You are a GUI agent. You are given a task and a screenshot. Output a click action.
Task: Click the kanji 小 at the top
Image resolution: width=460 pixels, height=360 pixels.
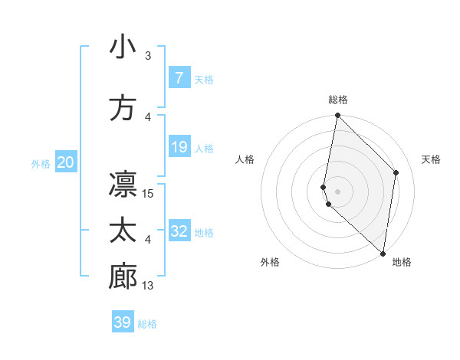click(123, 47)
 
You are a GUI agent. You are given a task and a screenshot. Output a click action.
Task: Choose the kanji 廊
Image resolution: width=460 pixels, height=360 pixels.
click(123, 278)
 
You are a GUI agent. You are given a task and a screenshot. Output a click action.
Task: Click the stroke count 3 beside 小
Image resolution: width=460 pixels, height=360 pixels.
click(148, 56)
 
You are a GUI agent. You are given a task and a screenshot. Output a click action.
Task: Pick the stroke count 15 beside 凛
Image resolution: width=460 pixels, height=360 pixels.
click(149, 194)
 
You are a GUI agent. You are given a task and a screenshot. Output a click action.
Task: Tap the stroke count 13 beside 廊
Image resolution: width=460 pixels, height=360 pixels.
click(149, 286)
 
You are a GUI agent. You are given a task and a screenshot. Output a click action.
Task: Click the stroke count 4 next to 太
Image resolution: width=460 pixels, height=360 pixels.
click(148, 241)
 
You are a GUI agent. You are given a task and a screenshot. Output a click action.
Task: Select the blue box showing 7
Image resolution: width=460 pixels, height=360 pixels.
click(179, 77)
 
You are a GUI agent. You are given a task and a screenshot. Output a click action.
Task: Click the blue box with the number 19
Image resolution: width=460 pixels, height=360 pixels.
click(179, 146)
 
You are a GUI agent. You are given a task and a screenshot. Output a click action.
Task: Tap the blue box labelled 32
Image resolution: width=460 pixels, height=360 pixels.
click(179, 231)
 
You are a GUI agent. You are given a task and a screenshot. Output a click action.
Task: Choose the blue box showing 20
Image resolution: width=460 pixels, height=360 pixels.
click(66, 162)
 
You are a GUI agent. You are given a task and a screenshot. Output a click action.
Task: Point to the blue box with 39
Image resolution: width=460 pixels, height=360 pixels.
click(123, 322)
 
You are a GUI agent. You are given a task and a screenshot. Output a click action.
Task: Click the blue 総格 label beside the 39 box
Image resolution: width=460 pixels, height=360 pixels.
click(147, 324)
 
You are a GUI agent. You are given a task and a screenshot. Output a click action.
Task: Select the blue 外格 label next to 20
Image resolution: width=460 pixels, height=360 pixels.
click(41, 163)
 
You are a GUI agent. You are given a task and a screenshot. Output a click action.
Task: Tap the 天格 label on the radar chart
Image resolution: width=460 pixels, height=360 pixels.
click(431, 159)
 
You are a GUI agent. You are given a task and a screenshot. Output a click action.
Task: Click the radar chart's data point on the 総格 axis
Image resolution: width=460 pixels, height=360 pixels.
click(337, 116)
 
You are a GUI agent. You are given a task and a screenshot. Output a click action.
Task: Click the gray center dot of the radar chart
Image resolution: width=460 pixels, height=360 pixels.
click(337, 191)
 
